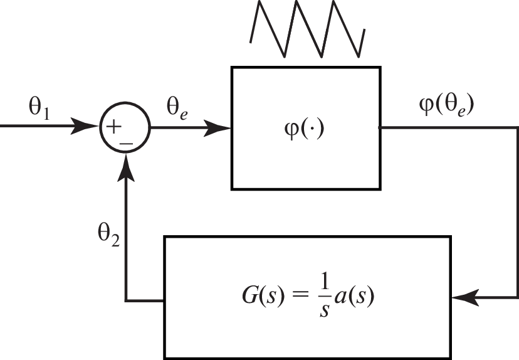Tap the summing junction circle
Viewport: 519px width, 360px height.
tap(125, 128)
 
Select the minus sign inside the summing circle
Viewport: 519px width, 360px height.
tap(126, 142)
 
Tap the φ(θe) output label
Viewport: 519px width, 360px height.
tap(446, 105)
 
